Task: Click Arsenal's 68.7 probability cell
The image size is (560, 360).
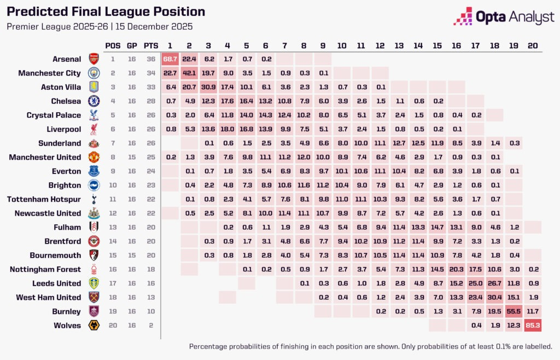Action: [170, 59]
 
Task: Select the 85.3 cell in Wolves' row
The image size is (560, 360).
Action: [532, 326]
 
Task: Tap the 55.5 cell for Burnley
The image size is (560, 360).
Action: [513, 311]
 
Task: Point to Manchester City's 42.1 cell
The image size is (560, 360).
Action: [189, 73]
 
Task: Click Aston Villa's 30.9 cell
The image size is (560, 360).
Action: [208, 87]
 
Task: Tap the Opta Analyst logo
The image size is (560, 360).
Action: [504, 17]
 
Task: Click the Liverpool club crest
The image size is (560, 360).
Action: [94, 129]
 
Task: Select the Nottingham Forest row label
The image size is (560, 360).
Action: [45, 269]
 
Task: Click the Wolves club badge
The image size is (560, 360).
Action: [94, 326]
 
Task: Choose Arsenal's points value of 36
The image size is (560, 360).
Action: [149, 59]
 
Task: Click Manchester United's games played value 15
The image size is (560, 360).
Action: [132, 157]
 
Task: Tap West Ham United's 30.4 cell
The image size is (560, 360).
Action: [494, 297]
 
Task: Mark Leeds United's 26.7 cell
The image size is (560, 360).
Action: [494, 283]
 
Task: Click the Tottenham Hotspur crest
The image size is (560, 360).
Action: [94, 199]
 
